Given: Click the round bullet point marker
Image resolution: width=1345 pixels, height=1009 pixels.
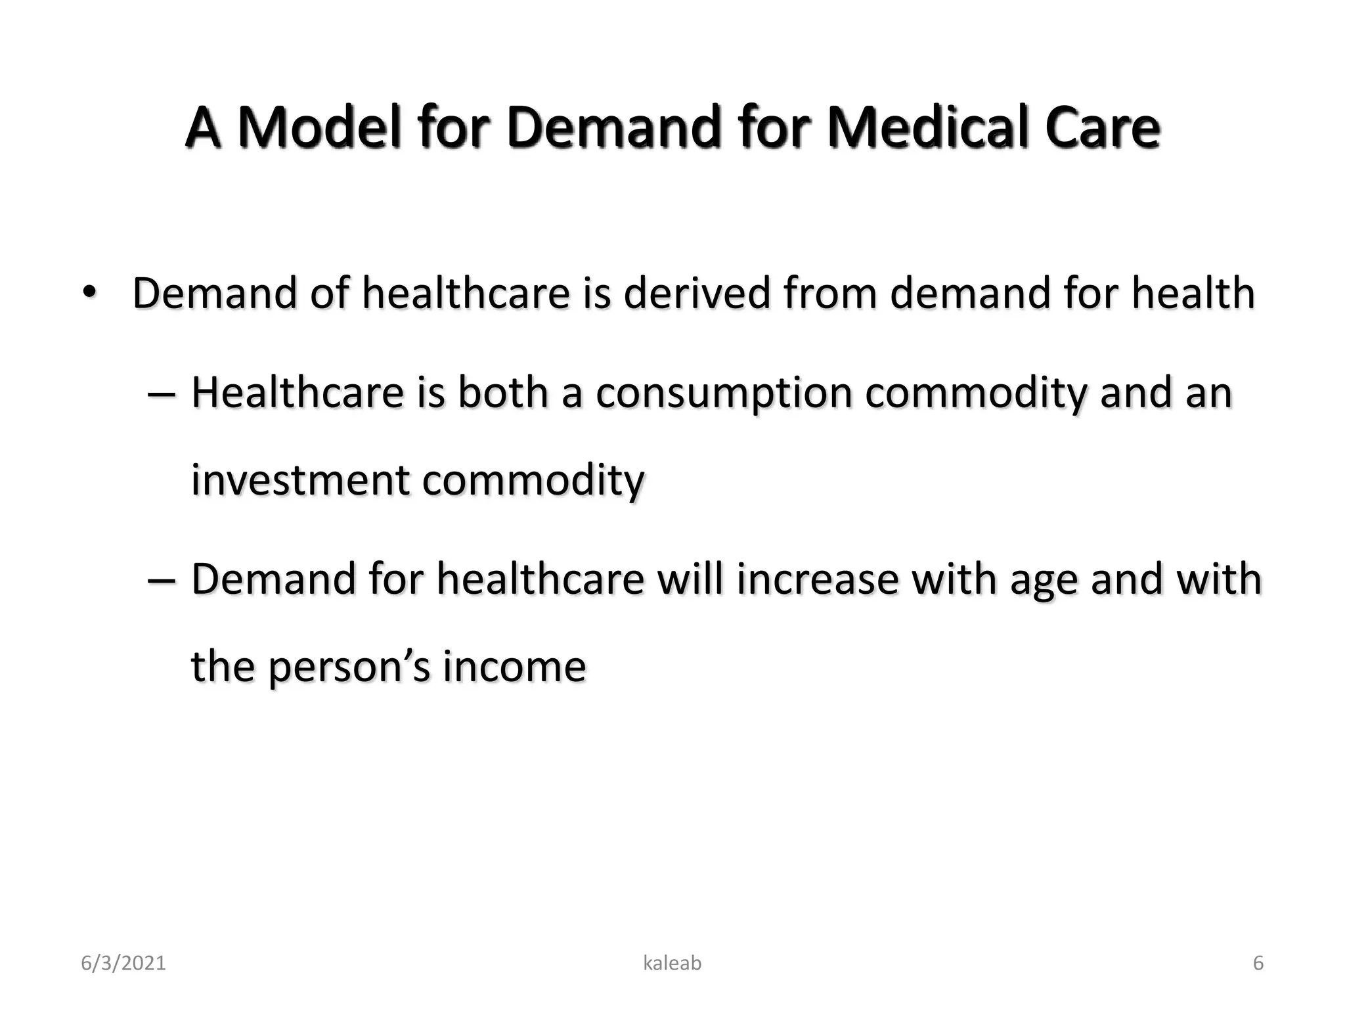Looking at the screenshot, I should click(x=89, y=291).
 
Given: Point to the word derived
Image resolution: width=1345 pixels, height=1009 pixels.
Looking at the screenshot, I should click(x=697, y=292).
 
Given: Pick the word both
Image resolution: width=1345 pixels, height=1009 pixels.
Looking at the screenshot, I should click(x=502, y=392).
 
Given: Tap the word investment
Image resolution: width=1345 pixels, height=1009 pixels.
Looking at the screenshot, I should click(x=300, y=480).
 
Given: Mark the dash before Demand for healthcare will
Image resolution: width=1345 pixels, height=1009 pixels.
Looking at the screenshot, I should click(x=162, y=580).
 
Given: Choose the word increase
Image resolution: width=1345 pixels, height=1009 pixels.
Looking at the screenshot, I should click(x=816, y=579).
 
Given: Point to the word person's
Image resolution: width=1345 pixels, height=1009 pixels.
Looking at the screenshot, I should click(x=349, y=667).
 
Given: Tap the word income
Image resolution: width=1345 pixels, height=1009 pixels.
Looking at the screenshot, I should click(x=514, y=666).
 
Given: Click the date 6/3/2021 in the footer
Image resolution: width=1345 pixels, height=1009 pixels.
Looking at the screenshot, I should click(x=123, y=963).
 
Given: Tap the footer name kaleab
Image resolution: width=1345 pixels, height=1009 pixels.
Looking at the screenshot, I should click(x=672, y=963).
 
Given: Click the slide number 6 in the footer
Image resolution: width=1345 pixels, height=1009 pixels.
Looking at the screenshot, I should click(x=1258, y=963).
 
